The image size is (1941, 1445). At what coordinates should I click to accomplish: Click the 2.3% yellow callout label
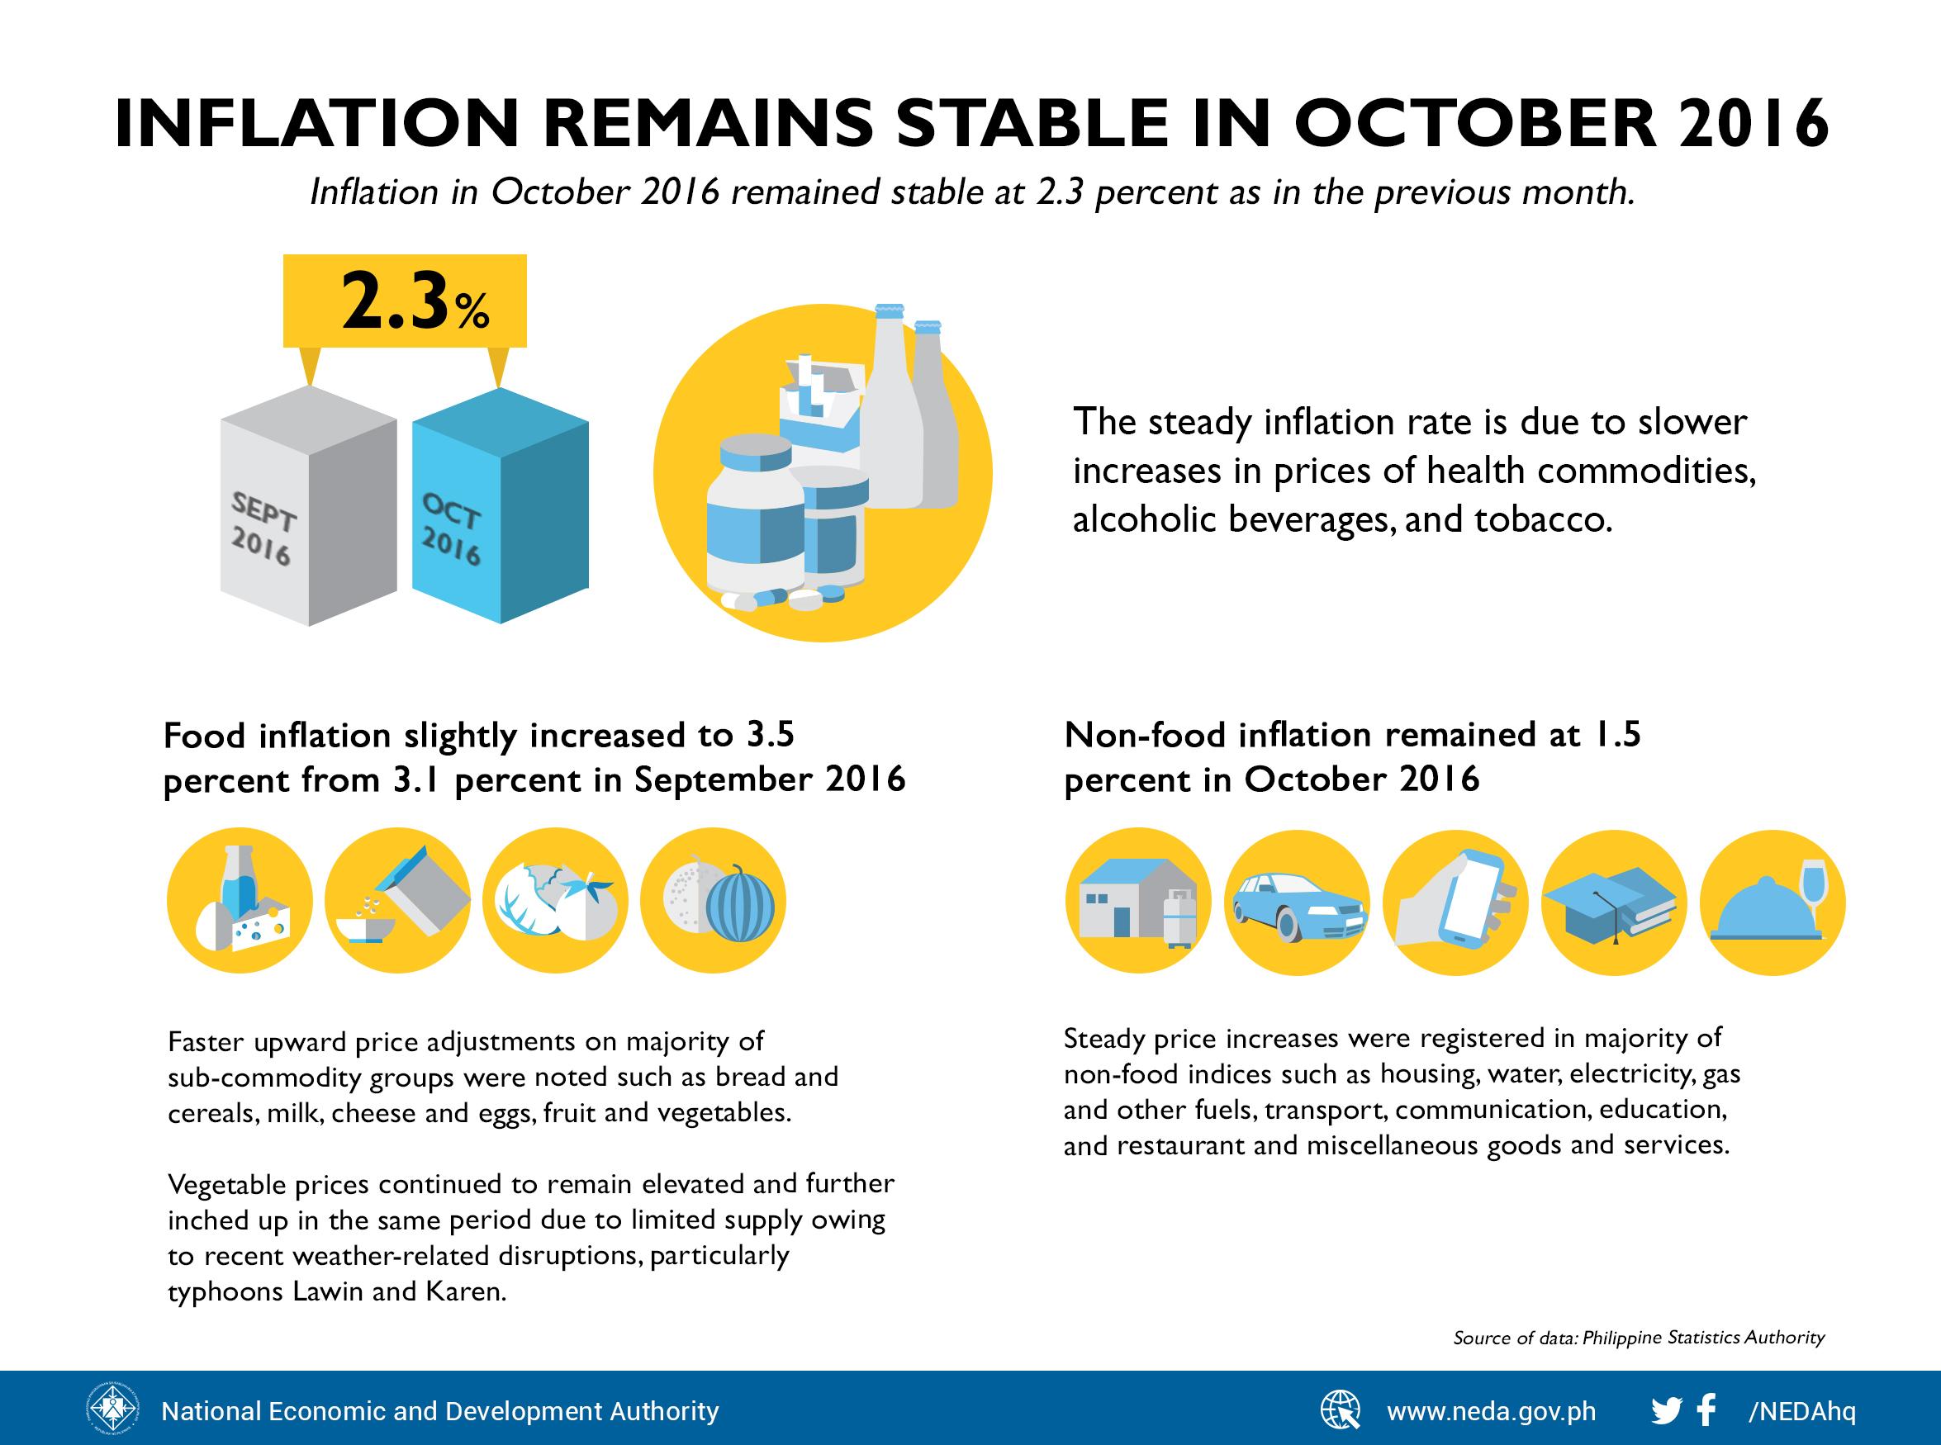[x=405, y=301]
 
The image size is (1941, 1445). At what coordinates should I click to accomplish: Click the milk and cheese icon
[x=240, y=900]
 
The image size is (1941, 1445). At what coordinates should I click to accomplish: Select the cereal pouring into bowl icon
[x=397, y=900]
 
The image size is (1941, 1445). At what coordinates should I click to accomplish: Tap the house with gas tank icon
[x=1138, y=902]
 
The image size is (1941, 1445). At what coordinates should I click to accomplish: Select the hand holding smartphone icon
[x=1455, y=902]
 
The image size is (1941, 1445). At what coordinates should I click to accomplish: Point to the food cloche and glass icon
[x=1772, y=902]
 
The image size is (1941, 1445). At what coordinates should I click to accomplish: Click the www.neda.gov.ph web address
[x=1492, y=1412]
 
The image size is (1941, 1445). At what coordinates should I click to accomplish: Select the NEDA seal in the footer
[x=112, y=1410]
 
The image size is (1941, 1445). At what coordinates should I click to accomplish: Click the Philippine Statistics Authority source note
[x=1639, y=1338]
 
